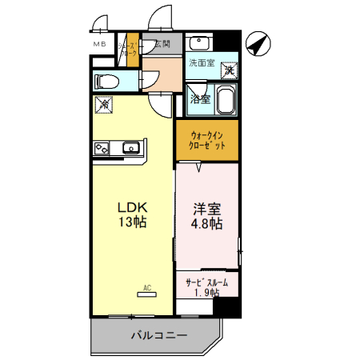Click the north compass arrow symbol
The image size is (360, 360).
pyautogui.click(x=258, y=45)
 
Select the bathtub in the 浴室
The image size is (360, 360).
pyautogui.click(x=224, y=102)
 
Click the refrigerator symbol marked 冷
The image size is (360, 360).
pyautogui.click(x=103, y=104)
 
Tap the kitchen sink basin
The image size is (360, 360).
pyautogui.click(x=130, y=147)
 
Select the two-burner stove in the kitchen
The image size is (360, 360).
pyautogui.click(x=102, y=147)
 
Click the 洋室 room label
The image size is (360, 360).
pyautogui.click(x=206, y=210)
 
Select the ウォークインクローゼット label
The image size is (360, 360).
pyautogui.click(x=206, y=141)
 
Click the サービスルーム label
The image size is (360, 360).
pyautogui.click(x=206, y=282)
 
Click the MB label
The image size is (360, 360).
pyautogui.click(x=100, y=44)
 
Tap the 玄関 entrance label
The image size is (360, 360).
pyautogui.click(x=162, y=44)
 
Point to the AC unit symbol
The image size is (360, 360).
pyautogui.click(x=146, y=293)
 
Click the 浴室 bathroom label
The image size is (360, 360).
pyautogui.click(x=200, y=99)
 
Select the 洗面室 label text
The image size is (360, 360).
pyautogui.click(x=202, y=63)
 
